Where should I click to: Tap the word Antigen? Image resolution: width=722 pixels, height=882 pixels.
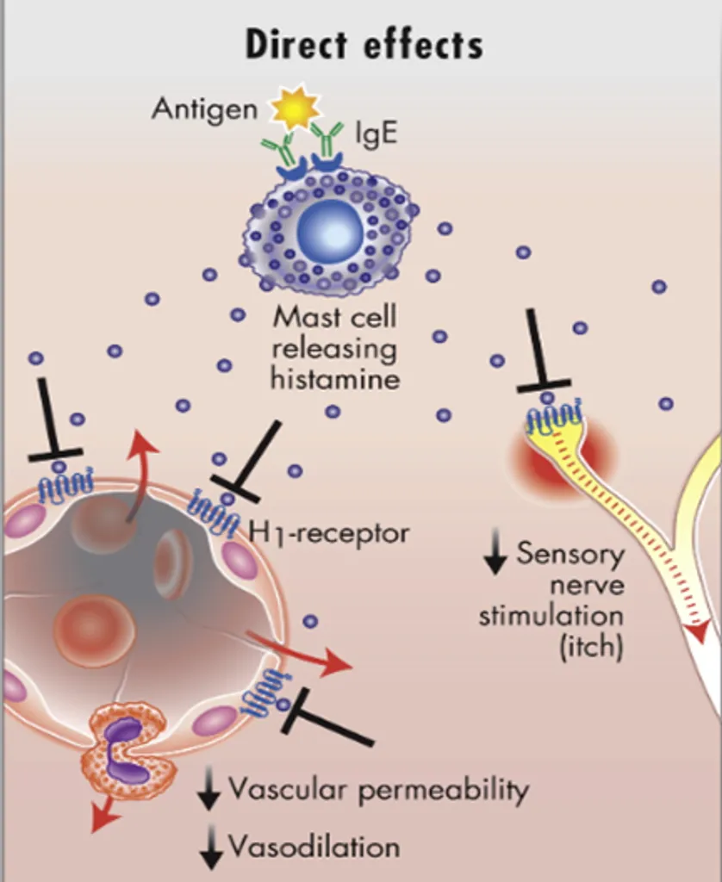(204, 109)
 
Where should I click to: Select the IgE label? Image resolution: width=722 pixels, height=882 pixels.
(376, 134)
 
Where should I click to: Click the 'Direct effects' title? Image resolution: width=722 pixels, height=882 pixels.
(364, 44)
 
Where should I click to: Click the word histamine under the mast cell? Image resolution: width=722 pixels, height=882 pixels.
(335, 378)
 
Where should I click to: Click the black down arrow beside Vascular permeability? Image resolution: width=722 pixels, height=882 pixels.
(209, 791)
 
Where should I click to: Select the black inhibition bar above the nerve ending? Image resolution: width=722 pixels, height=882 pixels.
(543, 386)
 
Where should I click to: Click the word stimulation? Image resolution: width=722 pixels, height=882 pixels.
(551, 617)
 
